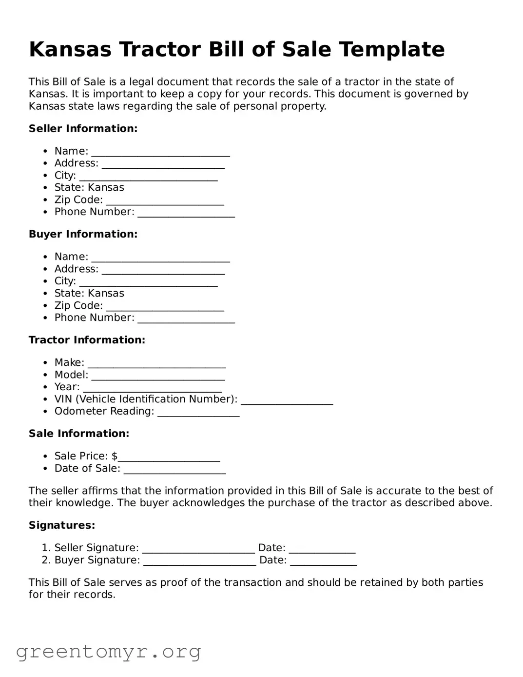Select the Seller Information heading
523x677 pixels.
[x=83, y=129]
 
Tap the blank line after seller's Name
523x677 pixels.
[x=160, y=152]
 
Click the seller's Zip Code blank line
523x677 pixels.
[x=165, y=201]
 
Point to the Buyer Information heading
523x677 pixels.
[x=83, y=234]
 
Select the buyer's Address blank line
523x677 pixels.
[x=163, y=270]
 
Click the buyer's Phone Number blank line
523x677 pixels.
[x=186, y=319]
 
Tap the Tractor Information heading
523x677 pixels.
[x=87, y=340]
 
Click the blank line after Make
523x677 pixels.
[x=156, y=363]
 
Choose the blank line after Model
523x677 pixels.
[x=158, y=376]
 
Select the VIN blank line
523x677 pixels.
[x=287, y=400]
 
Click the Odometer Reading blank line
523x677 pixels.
[x=198, y=412]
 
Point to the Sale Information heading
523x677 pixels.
[x=79, y=434]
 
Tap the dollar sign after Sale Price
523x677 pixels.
[x=115, y=456]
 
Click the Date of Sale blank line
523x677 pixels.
[x=174, y=469]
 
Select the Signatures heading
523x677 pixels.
[x=62, y=525]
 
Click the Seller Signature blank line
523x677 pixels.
[x=198, y=549]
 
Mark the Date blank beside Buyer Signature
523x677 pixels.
[x=323, y=561]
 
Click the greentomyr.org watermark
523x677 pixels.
[x=108, y=652]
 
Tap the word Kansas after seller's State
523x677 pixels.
[x=106, y=188]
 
